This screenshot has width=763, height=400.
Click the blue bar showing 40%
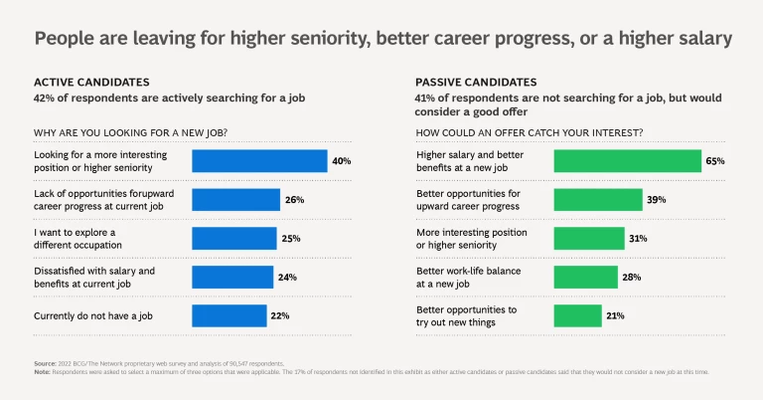pyautogui.click(x=258, y=160)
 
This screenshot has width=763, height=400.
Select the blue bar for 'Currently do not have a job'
pyautogui.click(x=229, y=315)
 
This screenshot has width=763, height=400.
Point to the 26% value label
pyautogui.click(x=294, y=200)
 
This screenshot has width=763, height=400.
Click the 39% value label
pyautogui.click(x=658, y=200)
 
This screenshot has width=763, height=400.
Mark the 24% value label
pyautogui.click(x=288, y=278)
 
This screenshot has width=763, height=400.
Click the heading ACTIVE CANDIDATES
pyautogui.click(x=92, y=82)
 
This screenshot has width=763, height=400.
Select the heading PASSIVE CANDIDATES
pyautogui.click(x=476, y=82)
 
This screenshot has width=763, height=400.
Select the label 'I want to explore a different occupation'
pyautogui.click(x=78, y=238)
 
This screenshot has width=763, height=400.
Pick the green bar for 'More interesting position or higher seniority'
pyautogui.click(x=589, y=238)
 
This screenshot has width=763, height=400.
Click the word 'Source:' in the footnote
pyautogui.click(x=45, y=364)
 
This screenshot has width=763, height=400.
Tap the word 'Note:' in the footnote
pyautogui.click(x=42, y=372)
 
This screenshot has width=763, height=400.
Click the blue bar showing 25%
pyautogui.click(x=233, y=238)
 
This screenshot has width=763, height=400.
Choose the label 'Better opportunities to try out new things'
pyautogui.click(x=467, y=315)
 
